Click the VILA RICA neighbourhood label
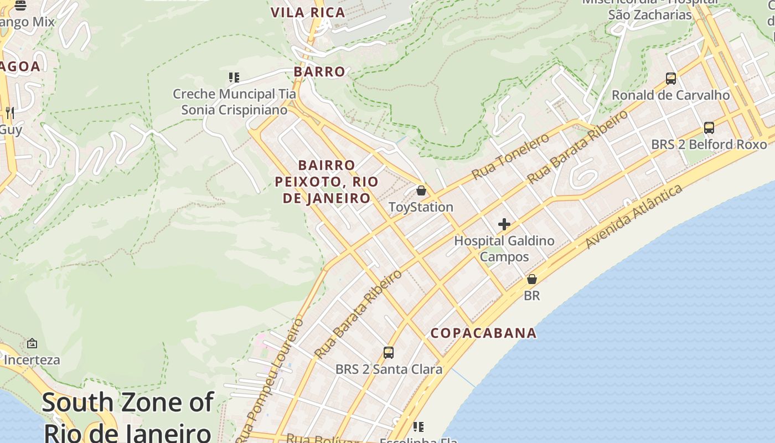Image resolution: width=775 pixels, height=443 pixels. [x=308, y=12]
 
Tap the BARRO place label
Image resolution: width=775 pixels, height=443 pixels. [x=319, y=71]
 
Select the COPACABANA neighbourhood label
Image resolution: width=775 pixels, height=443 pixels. [x=483, y=333]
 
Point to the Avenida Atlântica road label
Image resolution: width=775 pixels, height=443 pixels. [x=634, y=217]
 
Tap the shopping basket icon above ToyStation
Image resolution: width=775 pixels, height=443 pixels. [x=421, y=190]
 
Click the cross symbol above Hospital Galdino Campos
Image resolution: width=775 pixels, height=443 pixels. [x=504, y=224]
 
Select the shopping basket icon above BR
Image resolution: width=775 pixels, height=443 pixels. [x=532, y=279]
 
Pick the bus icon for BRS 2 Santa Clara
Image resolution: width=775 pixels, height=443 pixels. [x=389, y=353]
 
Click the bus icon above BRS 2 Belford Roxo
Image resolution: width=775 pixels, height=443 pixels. [x=709, y=128]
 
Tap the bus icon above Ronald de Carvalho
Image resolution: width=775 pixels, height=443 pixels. [x=671, y=79]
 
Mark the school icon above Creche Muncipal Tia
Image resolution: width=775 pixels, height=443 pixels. [x=234, y=78]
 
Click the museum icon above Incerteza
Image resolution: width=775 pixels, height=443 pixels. [x=32, y=343]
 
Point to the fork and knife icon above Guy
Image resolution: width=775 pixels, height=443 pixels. [x=9, y=113]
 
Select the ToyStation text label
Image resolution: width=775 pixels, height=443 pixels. [x=421, y=207]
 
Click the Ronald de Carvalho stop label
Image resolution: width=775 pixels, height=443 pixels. [x=670, y=95]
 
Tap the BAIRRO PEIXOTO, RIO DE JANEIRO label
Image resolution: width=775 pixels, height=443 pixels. [x=327, y=182]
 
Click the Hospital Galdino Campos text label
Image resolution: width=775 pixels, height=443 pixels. [x=504, y=249]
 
